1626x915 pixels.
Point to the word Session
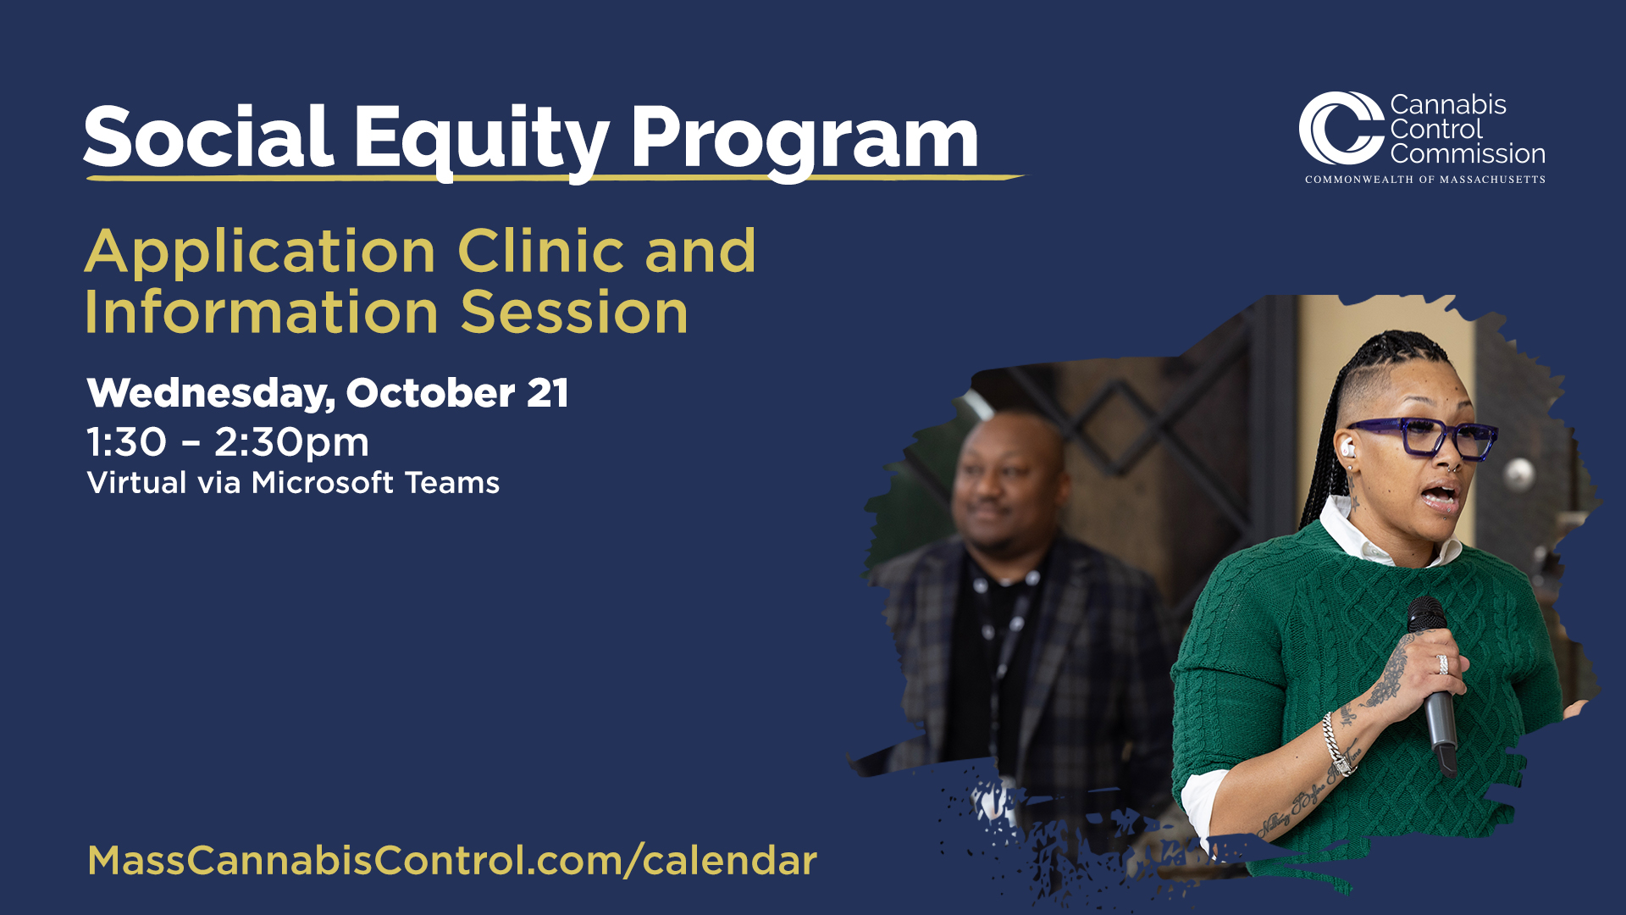[x=574, y=312]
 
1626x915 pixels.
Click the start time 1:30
[x=127, y=441]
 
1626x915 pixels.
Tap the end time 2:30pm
[x=291, y=443]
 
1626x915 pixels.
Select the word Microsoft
[x=323, y=482]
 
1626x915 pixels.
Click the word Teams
[x=452, y=482]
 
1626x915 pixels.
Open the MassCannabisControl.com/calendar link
[x=452, y=861]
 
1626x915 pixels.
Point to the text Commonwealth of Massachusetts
[x=1425, y=180]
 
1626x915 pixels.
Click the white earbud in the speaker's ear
[x=1347, y=447]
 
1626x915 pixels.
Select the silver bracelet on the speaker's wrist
[x=1336, y=743]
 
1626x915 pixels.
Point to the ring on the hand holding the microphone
[x=1442, y=664]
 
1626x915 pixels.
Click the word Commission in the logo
[x=1468, y=153]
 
